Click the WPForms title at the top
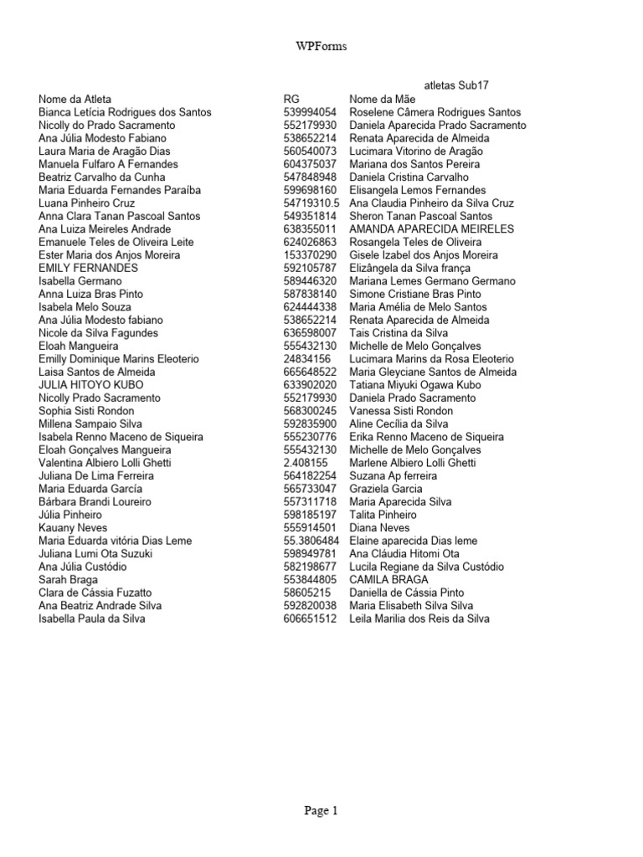321,48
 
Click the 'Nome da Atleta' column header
75,99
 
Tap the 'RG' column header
291,99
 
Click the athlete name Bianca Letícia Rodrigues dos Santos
125,112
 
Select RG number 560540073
310,151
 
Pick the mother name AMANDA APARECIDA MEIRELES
431,228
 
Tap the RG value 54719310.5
311,203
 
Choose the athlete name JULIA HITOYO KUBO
85,385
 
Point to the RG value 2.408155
306,463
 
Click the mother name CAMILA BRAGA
388,580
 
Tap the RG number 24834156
306,359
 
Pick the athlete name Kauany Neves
73,528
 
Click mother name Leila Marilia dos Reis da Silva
419,618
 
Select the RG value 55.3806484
311,541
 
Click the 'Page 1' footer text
321,810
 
